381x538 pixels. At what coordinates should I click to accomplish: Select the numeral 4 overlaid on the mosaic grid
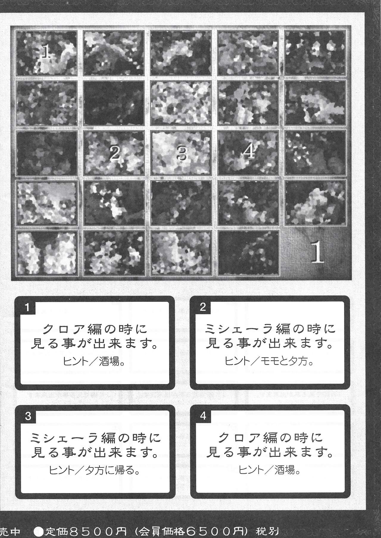coord(249,152)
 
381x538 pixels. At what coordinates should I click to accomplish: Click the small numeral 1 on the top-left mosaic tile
coord(46,52)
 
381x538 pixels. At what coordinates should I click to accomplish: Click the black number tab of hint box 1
coord(28,307)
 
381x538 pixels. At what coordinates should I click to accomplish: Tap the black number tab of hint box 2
coord(203,307)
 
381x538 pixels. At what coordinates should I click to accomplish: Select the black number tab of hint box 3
coord(28,416)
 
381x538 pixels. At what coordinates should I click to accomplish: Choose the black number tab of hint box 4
coord(203,416)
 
